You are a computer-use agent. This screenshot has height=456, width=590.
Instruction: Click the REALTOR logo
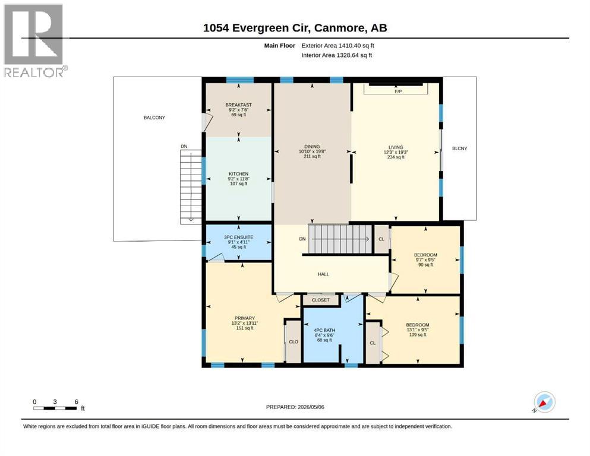pos(36,40)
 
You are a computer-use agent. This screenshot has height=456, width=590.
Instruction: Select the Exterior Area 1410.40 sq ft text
pos(337,46)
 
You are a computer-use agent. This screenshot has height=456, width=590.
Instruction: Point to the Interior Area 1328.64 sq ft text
pos(336,55)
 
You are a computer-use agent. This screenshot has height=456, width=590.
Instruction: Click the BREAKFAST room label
pos(239,105)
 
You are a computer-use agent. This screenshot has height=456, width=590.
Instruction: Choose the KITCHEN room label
pos(239,174)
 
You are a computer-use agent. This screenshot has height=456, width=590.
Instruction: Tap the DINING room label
pos(312,147)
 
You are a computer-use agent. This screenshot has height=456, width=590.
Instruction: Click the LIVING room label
pos(396,147)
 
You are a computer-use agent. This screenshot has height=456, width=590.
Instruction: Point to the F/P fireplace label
pos(397,91)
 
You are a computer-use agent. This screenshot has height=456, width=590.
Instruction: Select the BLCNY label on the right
pos(459,148)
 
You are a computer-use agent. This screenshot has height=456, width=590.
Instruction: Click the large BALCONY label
pos(154,118)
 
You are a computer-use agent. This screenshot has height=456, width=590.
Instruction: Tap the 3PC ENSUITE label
pos(239,237)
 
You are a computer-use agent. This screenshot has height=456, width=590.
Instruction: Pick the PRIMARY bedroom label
pos(245,318)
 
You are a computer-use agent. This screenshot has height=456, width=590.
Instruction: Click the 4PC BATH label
pos(324,331)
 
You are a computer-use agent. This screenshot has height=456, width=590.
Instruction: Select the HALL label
pos(323,274)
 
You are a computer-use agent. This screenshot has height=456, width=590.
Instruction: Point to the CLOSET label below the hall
pos(321,300)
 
